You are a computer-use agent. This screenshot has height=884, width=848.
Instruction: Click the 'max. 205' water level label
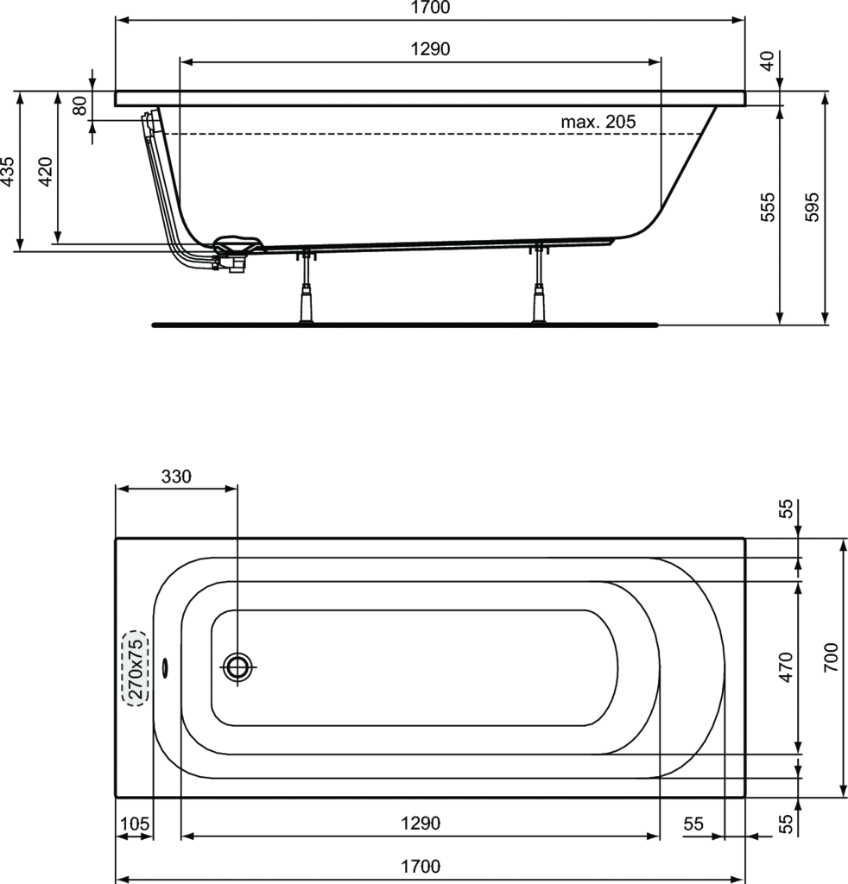tap(598, 121)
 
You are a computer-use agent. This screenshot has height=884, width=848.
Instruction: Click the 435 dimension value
tap(7, 171)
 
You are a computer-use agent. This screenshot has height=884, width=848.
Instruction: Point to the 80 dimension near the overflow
tap(80, 105)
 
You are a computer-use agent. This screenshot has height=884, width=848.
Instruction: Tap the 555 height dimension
tap(768, 207)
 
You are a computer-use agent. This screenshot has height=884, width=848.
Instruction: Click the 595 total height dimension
tap(812, 207)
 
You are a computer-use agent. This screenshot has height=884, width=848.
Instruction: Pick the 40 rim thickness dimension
tap(768, 61)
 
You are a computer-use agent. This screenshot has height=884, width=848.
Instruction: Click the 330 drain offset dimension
tap(176, 477)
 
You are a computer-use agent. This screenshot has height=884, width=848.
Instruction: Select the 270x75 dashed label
tap(136, 669)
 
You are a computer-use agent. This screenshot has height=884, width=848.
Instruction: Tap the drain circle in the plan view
tap(237, 667)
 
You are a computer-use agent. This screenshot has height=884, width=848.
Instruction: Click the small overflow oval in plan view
tap(165, 667)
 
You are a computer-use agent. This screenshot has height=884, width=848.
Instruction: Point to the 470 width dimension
tap(786, 667)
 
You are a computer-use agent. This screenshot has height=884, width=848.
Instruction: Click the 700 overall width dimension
tap(831, 657)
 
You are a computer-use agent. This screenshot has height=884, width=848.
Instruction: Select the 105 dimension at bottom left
tap(135, 824)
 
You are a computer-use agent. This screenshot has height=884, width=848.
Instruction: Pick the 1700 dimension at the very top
tap(430, 8)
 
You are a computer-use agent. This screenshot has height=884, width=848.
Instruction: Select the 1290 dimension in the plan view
tap(421, 824)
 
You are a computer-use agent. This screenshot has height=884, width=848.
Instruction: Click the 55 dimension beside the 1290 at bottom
tap(693, 824)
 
